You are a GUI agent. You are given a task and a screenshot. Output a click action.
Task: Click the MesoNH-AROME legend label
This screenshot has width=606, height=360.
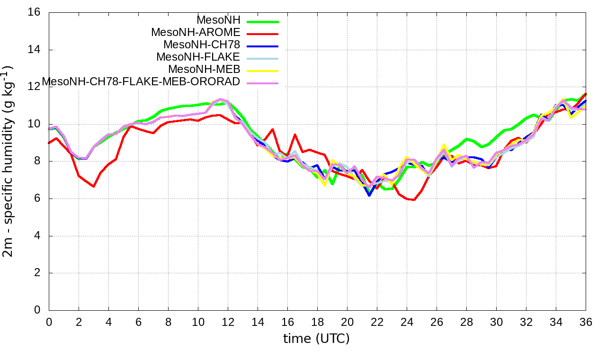point(196,33)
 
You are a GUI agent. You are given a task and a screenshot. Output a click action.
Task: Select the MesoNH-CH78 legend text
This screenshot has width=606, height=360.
point(202,45)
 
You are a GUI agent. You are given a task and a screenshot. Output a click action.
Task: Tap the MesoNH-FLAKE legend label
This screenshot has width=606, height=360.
point(198,57)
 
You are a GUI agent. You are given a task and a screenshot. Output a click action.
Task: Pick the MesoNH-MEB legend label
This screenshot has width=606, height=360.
point(205,70)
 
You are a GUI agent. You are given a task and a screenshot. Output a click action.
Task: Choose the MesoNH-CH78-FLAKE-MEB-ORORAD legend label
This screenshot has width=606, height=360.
point(141,82)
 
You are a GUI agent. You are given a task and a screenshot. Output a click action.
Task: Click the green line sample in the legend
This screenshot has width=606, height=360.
point(261,21)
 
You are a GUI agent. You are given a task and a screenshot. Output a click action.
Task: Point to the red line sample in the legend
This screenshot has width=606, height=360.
point(261,34)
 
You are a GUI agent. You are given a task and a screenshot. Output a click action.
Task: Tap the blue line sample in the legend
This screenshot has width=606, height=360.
point(261,46)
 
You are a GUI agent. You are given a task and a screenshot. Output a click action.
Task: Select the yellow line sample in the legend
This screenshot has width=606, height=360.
point(261,71)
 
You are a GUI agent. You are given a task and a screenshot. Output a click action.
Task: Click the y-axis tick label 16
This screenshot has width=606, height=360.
point(35,12)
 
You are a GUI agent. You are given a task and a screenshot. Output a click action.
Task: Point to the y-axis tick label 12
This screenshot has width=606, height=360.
point(35,87)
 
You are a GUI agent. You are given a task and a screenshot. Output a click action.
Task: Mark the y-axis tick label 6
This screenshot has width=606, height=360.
point(37,198)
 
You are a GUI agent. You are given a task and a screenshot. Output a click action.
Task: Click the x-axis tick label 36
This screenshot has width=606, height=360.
point(586,322)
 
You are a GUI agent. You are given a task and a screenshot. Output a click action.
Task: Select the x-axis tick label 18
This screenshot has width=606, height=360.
point(317,322)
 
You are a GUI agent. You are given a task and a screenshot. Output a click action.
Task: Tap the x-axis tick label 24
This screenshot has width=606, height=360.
point(407,322)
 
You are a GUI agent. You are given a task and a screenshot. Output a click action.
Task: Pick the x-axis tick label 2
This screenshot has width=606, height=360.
point(79,322)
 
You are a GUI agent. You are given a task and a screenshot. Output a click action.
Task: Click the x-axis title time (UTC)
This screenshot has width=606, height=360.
point(317,339)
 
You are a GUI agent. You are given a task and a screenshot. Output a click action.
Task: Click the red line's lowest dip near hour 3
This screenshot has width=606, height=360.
point(93,187)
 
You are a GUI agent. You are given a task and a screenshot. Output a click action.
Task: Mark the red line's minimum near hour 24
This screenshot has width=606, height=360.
point(414,200)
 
